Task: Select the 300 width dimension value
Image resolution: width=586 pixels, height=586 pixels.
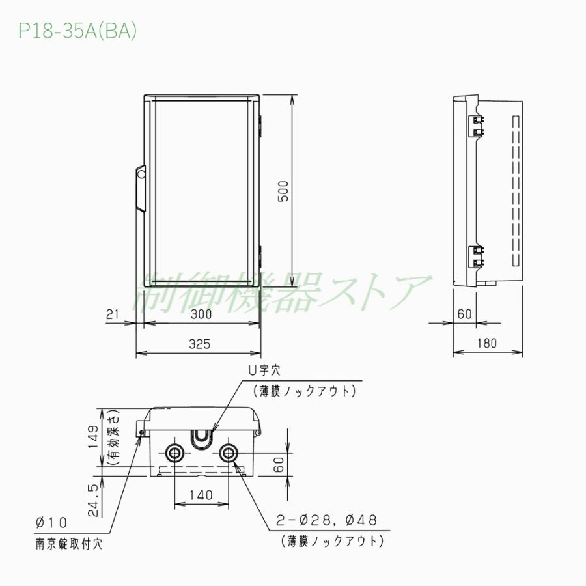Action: click(202, 314)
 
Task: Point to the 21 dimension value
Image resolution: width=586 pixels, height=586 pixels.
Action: click(112, 314)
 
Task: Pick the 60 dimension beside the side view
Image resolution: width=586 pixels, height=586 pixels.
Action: click(464, 314)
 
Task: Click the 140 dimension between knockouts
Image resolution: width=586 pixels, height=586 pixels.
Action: click(202, 495)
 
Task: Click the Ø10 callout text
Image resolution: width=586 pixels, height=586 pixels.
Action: click(52, 523)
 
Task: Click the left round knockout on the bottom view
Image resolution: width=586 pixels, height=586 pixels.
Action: click(175, 453)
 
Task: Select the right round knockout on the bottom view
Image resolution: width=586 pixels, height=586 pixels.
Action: click(229, 453)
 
